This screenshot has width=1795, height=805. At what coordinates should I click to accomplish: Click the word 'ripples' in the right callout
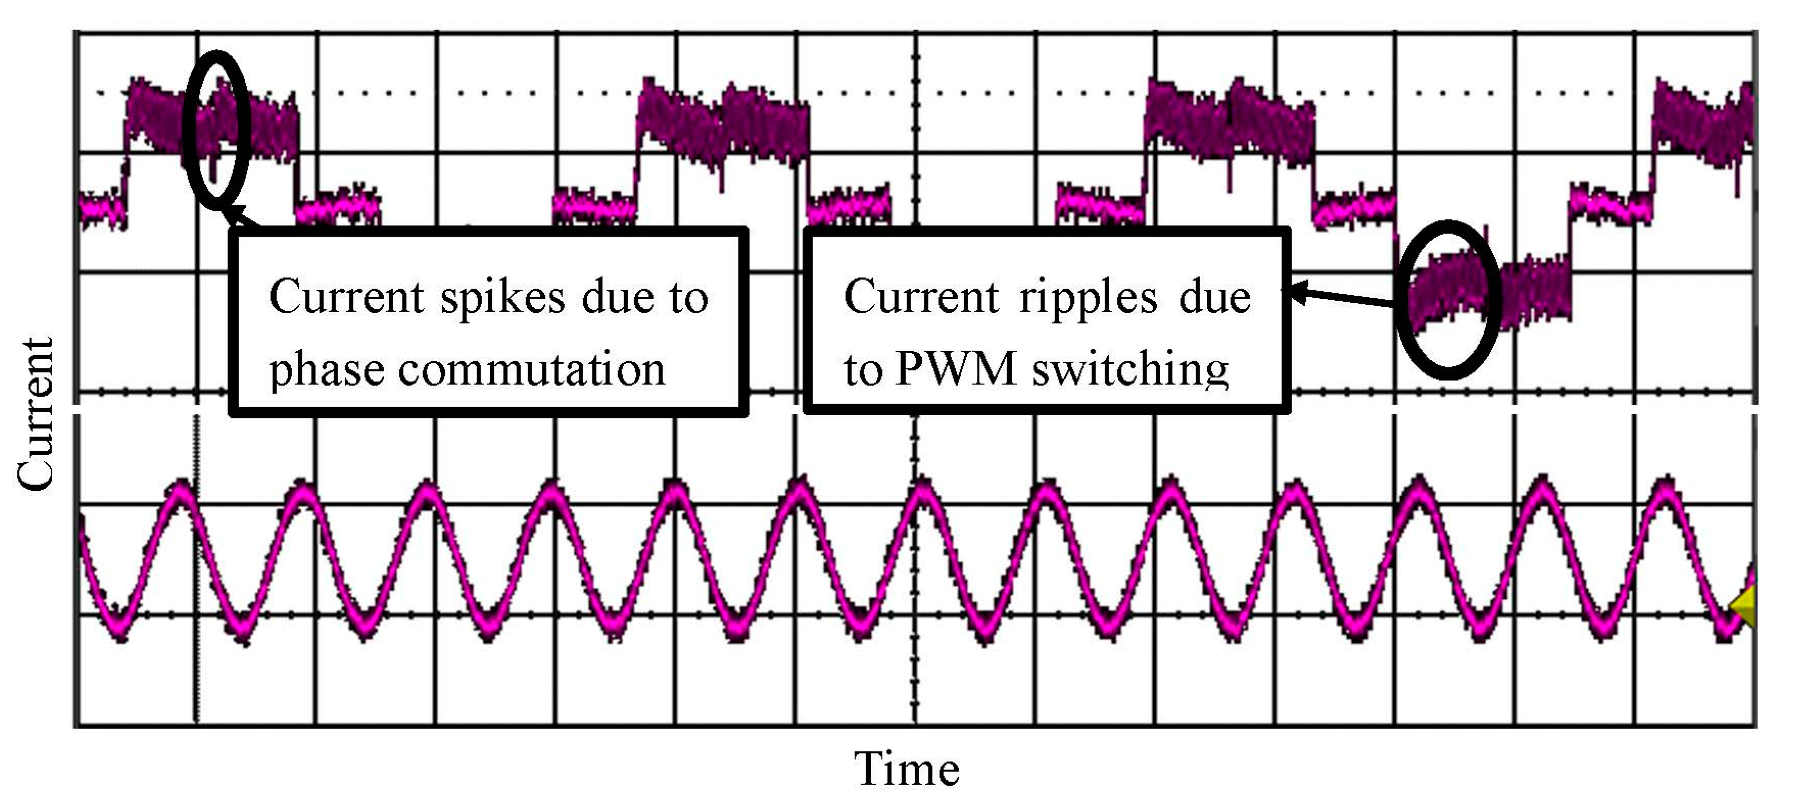[x=1088, y=298]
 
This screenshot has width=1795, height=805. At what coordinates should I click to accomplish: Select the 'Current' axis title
[x=35, y=414]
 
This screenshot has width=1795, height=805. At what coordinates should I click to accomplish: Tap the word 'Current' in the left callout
[x=346, y=297]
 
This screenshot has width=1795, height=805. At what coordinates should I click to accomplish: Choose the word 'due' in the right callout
[x=1214, y=298]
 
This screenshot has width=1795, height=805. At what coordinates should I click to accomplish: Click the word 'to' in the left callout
[x=688, y=298]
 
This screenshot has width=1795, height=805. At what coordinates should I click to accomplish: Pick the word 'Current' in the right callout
[x=921, y=297]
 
